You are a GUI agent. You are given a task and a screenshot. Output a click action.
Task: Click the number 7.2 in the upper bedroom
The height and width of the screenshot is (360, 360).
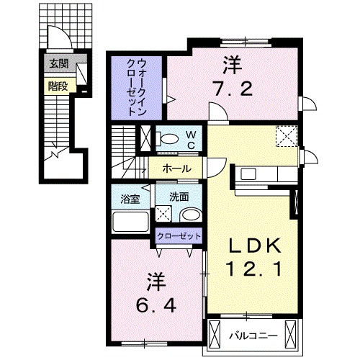tap(232, 91)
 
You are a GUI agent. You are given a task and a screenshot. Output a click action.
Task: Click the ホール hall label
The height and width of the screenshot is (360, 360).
tap(177, 168)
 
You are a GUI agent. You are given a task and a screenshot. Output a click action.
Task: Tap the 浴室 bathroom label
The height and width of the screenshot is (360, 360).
tap(129, 195)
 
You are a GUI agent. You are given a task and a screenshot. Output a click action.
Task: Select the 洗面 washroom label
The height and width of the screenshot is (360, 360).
tap(179, 195)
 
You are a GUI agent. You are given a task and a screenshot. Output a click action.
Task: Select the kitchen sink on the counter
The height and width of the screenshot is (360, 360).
tap(247, 174)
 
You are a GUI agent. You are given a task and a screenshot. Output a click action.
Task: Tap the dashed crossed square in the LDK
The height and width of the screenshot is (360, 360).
tap(287, 135)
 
